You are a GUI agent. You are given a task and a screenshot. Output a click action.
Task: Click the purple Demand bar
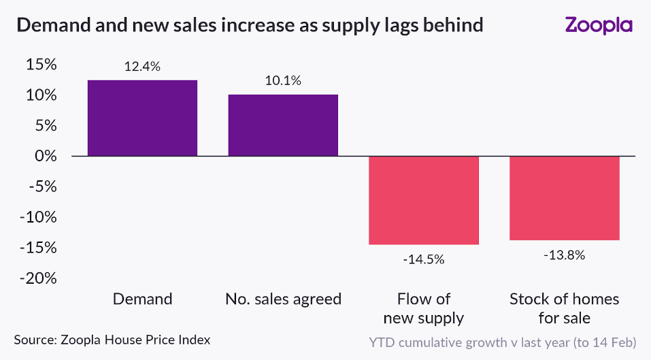(142, 118)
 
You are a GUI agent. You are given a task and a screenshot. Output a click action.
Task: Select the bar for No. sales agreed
(283, 125)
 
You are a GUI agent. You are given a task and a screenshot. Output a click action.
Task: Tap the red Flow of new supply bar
(424, 200)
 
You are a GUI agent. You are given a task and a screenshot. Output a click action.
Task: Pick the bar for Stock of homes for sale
(565, 198)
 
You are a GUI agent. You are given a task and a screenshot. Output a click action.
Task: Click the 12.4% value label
(142, 67)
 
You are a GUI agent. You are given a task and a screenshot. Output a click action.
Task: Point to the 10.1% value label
(283, 81)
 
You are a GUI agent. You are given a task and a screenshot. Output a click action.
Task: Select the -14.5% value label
(424, 259)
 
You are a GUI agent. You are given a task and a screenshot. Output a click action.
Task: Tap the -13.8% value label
(565, 256)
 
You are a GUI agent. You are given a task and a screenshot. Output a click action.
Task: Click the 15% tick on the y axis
(42, 65)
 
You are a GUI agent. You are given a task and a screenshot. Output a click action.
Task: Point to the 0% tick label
(47, 157)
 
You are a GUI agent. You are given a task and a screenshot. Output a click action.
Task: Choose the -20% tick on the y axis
(39, 278)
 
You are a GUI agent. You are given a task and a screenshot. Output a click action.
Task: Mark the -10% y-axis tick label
(39, 217)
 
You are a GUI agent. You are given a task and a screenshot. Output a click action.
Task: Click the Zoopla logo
(599, 26)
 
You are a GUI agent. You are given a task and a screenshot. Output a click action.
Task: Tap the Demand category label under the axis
(142, 299)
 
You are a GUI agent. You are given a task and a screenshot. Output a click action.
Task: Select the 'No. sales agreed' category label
(283, 299)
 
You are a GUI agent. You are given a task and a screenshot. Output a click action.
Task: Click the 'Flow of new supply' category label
(424, 308)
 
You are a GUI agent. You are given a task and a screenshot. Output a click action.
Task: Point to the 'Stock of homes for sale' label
(565, 308)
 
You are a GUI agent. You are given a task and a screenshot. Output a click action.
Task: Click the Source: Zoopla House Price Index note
(112, 339)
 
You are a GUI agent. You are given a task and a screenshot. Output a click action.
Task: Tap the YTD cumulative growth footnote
(503, 340)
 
